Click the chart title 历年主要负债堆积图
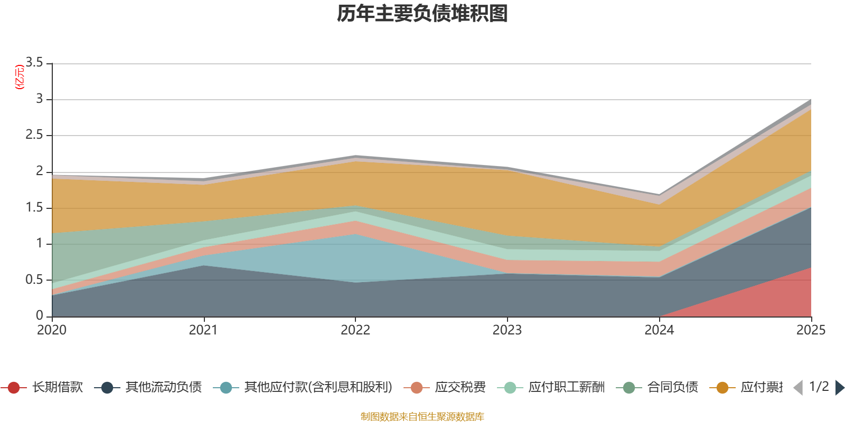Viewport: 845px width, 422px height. (422, 14)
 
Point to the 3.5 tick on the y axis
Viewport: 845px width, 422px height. (34, 63)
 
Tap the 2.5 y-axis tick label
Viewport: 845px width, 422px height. (34, 135)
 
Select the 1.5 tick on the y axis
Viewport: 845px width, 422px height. (34, 207)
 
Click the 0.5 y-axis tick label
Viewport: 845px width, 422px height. (34, 280)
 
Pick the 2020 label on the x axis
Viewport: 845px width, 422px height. (52, 330)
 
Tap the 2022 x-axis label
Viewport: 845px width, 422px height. (355, 330)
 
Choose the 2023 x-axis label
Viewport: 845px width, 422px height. (507, 330)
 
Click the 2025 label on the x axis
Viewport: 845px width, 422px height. (810, 330)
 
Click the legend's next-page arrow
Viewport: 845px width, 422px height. (839, 388)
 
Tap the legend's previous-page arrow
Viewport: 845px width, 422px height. (798, 388)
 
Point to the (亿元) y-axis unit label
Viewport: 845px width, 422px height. (20, 77)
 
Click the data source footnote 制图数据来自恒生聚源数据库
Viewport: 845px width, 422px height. (422, 417)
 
